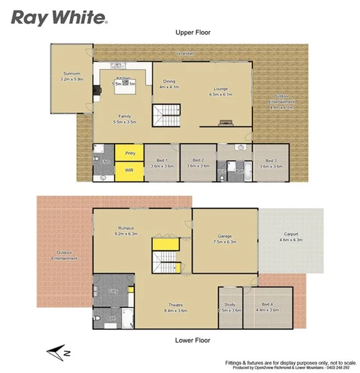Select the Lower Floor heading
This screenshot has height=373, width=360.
[x=193, y=340]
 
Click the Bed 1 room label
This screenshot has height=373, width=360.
[x=162, y=162]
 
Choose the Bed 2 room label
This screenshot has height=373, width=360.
[x=198, y=162]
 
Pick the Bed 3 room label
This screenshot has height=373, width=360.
[x=270, y=162]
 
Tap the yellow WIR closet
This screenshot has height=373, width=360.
[x=129, y=171]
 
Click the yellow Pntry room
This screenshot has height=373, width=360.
[x=130, y=153]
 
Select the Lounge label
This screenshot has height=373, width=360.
[x=222, y=91]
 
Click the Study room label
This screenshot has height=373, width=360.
[x=230, y=307]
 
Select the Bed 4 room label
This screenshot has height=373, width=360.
[x=269, y=307]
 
